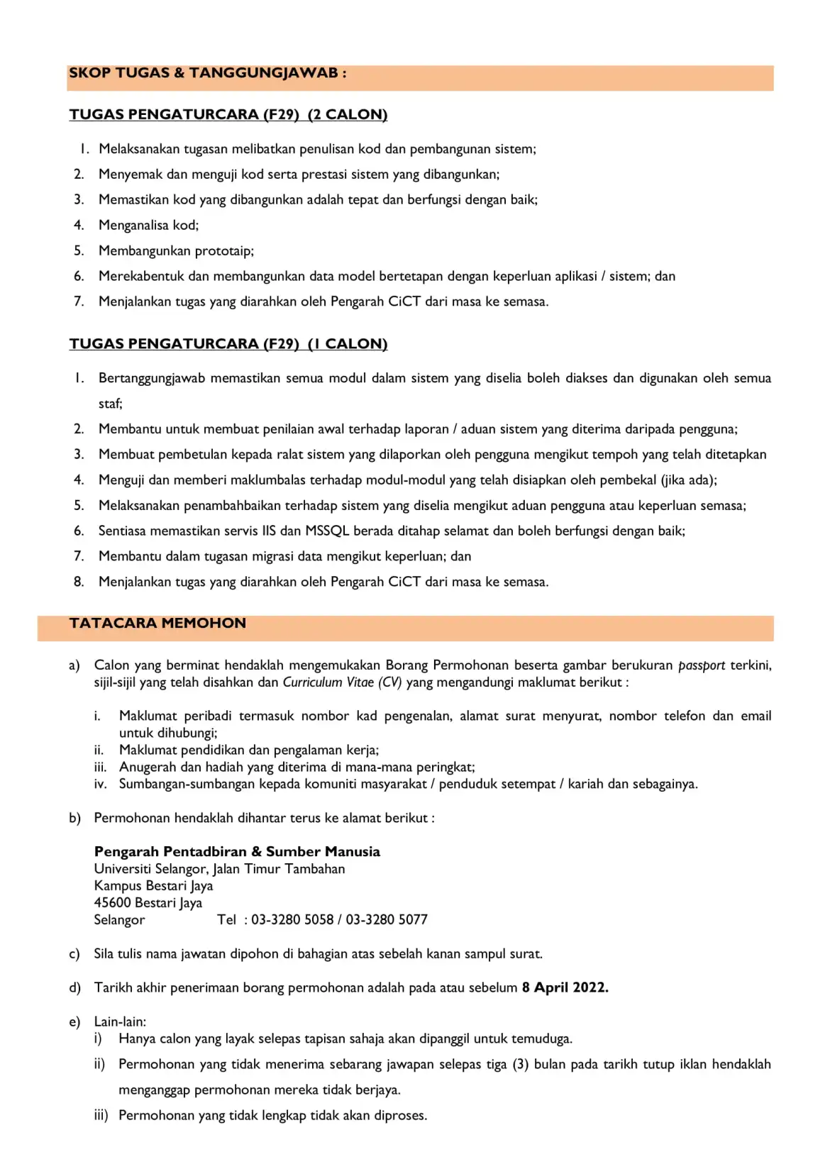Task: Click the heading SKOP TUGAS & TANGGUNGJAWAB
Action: click(x=207, y=73)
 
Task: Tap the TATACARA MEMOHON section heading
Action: click(x=157, y=624)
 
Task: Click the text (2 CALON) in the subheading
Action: click(x=348, y=115)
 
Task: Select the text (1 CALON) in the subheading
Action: click(x=348, y=344)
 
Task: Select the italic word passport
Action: click(x=702, y=665)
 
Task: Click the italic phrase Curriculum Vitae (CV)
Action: click(x=342, y=682)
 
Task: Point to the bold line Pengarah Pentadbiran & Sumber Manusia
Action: click(x=237, y=852)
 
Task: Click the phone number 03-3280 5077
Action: click(x=387, y=920)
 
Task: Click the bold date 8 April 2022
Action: click(x=565, y=988)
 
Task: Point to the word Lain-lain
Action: click(x=120, y=1022)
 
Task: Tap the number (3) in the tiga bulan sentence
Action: click(x=520, y=1065)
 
